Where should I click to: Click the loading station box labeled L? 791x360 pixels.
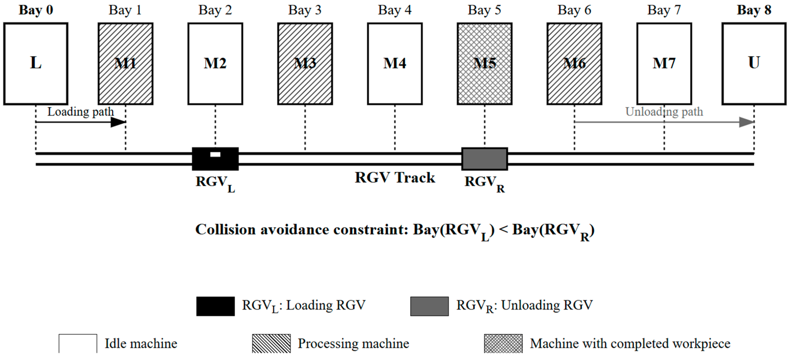(36, 64)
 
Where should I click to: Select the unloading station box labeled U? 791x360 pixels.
(754, 64)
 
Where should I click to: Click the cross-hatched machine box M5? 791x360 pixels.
(485, 64)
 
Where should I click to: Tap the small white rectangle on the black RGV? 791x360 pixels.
(215, 154)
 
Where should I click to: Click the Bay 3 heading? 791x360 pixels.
(305, 10)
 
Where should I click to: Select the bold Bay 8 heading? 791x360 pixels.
(754, 10)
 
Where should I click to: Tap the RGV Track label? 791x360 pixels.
(395, 177)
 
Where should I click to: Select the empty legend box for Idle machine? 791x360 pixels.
(78, 344)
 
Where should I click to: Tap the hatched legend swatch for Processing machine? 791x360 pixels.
(271, 344)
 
